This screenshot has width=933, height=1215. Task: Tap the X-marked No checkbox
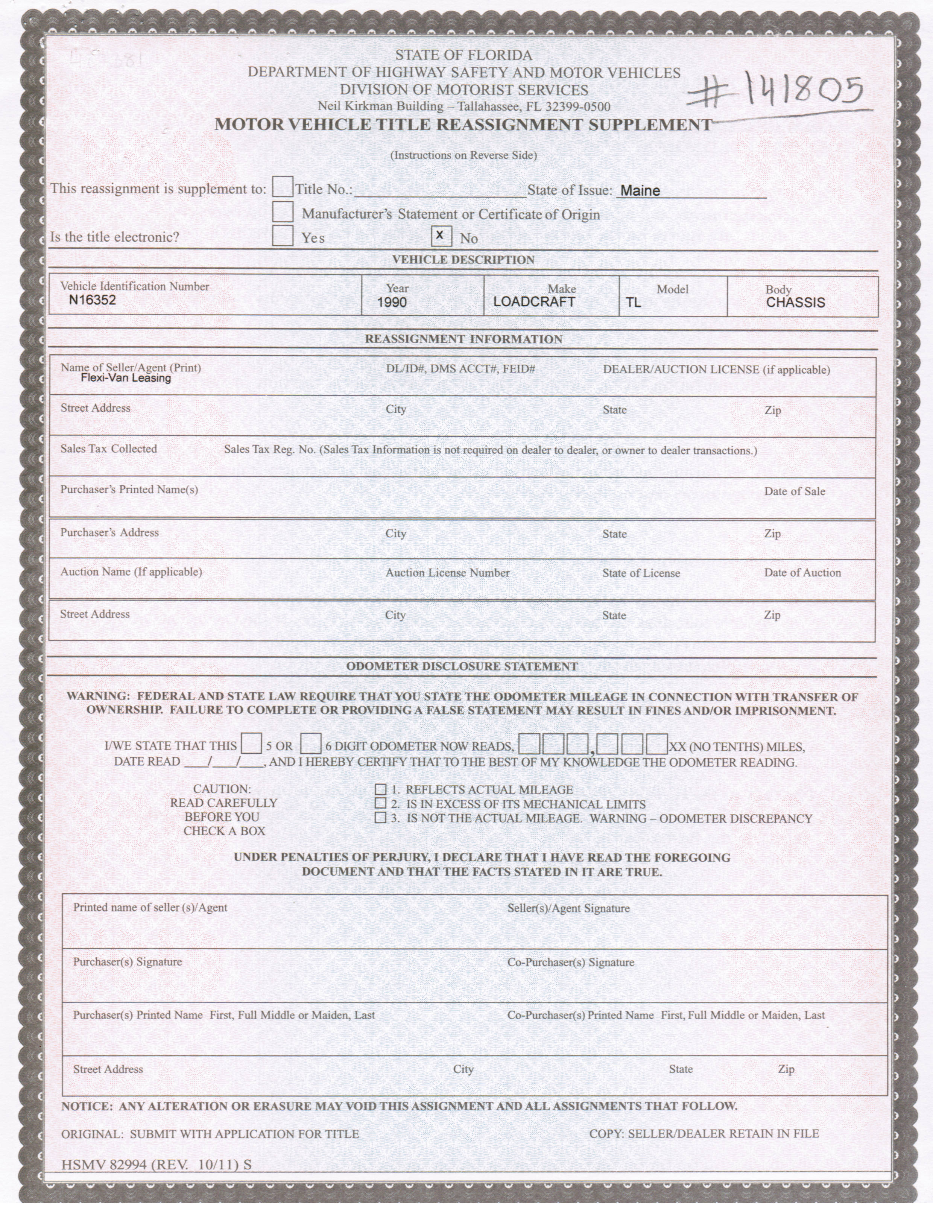(x=440, y=236)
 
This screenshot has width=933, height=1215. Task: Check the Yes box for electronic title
(x=283, y=236)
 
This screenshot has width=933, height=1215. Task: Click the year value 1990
(x=392, y=303)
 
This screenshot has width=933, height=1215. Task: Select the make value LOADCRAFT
(x=534, y=303)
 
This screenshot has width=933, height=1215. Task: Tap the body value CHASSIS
(x=795, y=303)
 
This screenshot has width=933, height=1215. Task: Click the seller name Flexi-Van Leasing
(x=126, y=378)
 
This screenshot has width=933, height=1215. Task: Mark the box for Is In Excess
(x=380, y=803)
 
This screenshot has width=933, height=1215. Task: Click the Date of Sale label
(x=794, y=491)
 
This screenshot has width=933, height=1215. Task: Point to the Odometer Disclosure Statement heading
(x=462, y=666)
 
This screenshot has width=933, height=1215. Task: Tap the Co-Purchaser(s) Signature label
(x=570, y=963)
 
